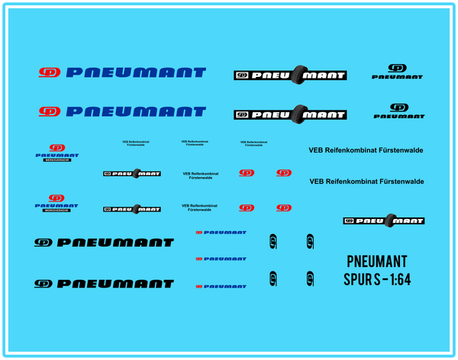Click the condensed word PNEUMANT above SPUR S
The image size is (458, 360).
coord(376,261)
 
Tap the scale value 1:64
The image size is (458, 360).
coord(396,279)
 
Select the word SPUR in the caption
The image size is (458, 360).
coord(357,279)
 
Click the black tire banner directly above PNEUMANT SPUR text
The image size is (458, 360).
coord(383,220)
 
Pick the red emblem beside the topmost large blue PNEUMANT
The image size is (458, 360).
coord(50,73)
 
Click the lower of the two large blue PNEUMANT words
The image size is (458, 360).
coord(136,111)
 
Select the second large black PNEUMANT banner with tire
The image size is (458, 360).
coord(290,114)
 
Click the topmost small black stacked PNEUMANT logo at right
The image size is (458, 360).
coord(397,72)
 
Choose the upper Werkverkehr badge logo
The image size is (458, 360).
coord(56,153)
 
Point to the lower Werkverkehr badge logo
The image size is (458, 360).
coord(56,202)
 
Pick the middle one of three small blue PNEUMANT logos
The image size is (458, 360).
coord(221,259)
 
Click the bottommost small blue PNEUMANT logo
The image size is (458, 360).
coord(221,286)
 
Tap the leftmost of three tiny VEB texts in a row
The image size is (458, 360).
coord(136,143)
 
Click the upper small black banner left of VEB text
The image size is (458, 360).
coord(131,174)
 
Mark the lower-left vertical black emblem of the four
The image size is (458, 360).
coord(273,278)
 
